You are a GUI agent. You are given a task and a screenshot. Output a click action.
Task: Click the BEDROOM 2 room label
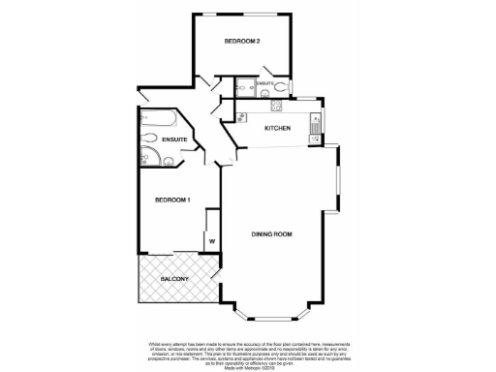(241, 41)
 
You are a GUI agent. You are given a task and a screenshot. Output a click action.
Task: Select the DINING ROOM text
(272, 234)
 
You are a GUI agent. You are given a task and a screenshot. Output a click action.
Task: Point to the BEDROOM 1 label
(172, 200)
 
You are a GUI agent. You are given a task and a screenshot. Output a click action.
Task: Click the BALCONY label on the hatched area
(175, 279)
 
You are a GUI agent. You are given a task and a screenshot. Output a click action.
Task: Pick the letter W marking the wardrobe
(209, 240)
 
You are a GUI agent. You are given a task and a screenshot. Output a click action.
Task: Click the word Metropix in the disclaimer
(240, 363)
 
